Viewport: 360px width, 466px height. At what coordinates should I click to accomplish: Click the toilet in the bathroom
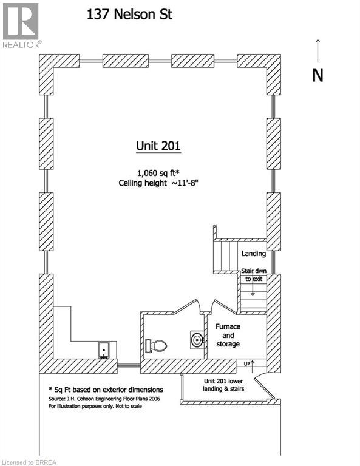(x=156, y=346)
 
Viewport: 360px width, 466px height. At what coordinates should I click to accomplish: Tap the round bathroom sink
(x=197, y=340)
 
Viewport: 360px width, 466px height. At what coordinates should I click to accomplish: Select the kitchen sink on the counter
(x=104, y=349)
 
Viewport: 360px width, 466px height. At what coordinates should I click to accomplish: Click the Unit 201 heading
(x=158, y=146)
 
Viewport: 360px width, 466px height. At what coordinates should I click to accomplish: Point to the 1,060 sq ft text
(x=158, y=173)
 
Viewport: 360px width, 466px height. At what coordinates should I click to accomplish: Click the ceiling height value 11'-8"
(x=185, y=183)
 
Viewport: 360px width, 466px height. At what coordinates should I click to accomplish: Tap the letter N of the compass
(x=318, y=75)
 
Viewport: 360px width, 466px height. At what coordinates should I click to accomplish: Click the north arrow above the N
(x=318, y=51)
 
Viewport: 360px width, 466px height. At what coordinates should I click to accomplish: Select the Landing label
(x=254, y=254)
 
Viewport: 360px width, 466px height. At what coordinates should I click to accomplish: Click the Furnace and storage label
(x=228, y=335)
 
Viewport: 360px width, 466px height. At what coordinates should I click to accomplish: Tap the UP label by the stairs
(x=247, y=364)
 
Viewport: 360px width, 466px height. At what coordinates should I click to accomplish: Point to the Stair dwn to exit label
(x=254, y=275)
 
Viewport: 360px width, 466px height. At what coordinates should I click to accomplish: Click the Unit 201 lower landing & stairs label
(x=223, y=385)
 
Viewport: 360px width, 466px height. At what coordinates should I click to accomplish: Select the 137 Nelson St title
(x=129, y=15)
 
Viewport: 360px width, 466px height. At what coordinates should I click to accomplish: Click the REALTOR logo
(x=21, y=25)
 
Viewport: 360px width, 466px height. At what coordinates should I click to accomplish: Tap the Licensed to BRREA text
(x=29, y=462)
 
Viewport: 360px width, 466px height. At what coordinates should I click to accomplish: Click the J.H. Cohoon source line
(x=104, y=399)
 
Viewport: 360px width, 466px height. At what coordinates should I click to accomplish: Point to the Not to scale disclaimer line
(x=95, y=406)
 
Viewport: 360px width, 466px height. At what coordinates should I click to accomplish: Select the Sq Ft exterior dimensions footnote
(x=106, y=390)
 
